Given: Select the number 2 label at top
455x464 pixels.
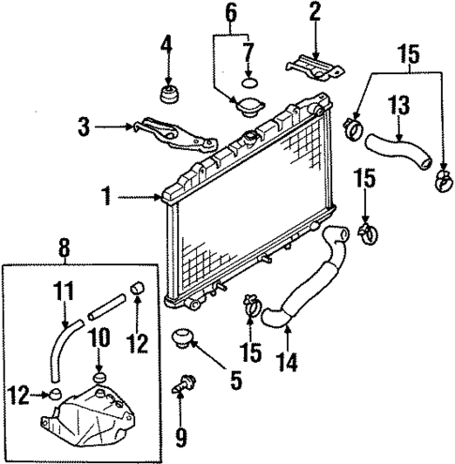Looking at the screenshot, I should [x=315, y=12].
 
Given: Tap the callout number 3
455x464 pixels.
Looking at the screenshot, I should [x=83, y=127].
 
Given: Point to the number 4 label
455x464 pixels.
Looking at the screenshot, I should [x=167, y=43].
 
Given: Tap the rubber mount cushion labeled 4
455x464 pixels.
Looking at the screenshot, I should [x=171, y=95].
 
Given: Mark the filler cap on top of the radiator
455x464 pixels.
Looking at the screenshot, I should [x=248, y=141].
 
